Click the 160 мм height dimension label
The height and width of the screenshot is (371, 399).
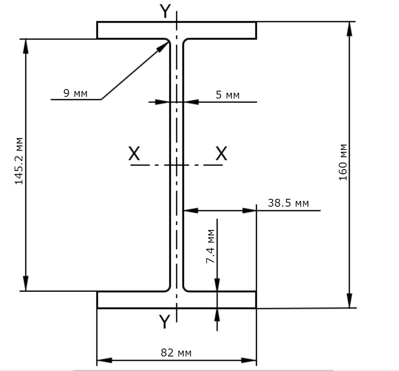click(x=343, y=162)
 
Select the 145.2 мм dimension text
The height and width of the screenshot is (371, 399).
click(x=19, y=161)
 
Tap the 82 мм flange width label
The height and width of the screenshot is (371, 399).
click(x=176, y=353)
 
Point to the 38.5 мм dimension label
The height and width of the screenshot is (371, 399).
click(x=288, y=203)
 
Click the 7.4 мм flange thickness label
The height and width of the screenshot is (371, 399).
click(x=210, y=246)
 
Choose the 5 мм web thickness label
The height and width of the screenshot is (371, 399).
click(x=228, y=95)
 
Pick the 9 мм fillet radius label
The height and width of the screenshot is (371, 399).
click(x=75, y=93)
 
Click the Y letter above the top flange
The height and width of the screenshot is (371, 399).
click(x=165, y=11)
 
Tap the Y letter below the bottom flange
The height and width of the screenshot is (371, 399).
click(x=165, y=322)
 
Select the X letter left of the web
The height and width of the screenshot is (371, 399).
click(x=134, y=153)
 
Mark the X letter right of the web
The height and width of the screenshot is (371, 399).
click(x=222, y=153)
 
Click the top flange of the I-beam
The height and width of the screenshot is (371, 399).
click(x=177, y=30)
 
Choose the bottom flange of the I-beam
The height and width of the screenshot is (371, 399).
click(x=177, y=300)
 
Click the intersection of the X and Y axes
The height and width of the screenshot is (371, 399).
click(x=177, y=165)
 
